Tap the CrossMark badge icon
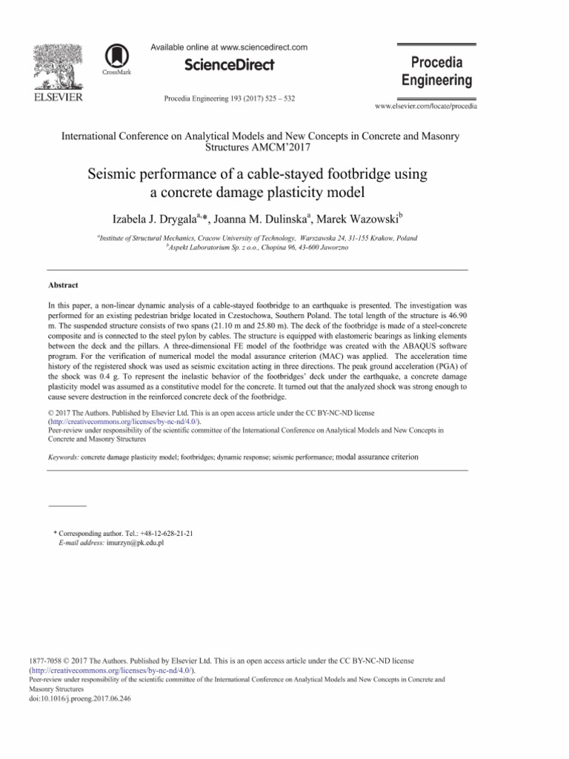pyautogui.click(x=115, y=57)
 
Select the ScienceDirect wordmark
pyautogui.click(x=229, y=65)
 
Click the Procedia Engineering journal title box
pyautogui.click(x=436, y=71)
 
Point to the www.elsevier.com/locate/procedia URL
pyautogui.click(x=426, y=107)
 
